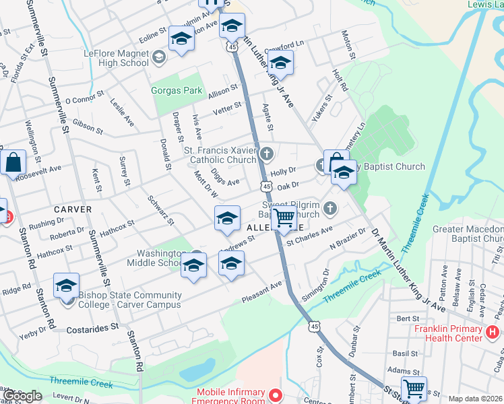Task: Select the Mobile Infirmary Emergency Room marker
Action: coord(274,396)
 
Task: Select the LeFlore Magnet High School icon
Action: coord(159,58)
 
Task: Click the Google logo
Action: coord(22,396)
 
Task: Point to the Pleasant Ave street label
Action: coord(263,287)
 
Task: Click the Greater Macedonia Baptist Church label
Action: coord(468,234)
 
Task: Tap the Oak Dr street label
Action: coord(288,184)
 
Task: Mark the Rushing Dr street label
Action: coord(46,222)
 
